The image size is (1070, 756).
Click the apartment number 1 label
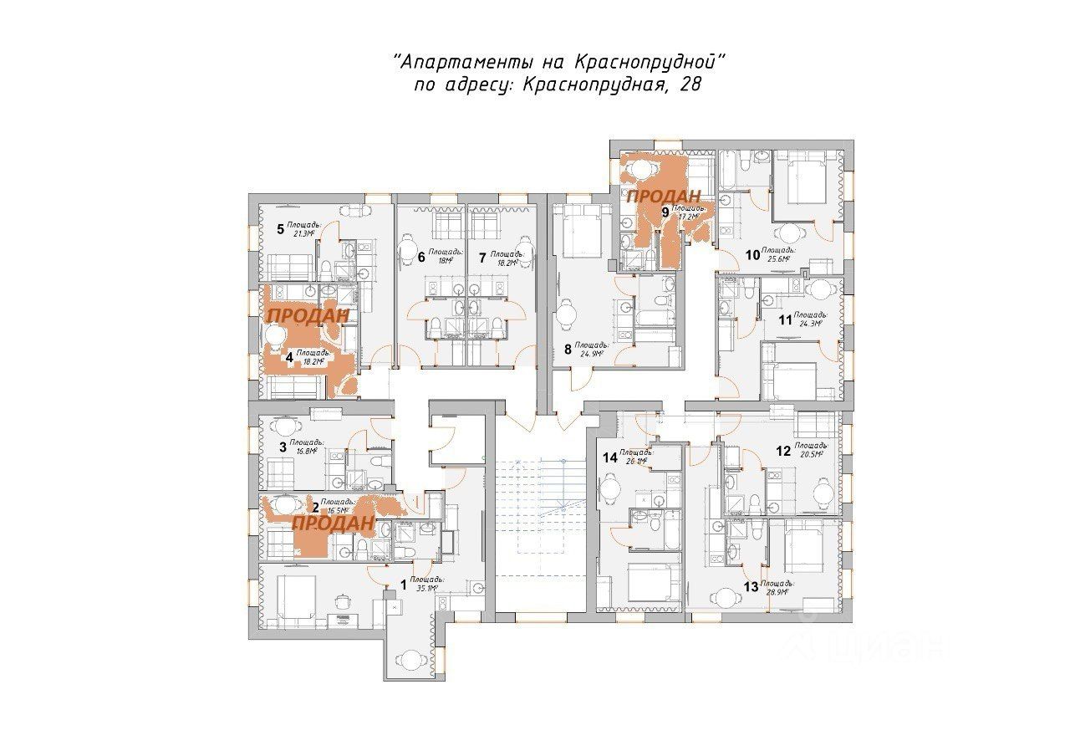click(403, 585)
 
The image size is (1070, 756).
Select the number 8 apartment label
click(568, 350)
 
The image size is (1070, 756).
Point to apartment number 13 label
click(750, 587)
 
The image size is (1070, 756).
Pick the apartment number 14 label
click(610, 457)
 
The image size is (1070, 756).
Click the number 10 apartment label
click(752, 255)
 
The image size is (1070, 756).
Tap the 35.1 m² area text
click(411, 588)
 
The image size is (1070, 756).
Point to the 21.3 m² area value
click(303, 234)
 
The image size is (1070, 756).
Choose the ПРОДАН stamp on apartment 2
click(333, 523)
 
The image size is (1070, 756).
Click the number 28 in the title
click(690, 84)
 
